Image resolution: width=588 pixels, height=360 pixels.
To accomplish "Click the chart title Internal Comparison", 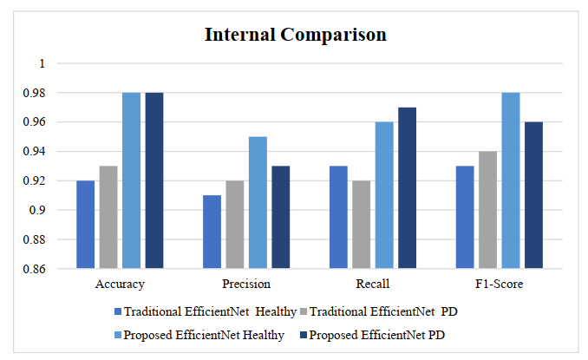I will click(295, 36).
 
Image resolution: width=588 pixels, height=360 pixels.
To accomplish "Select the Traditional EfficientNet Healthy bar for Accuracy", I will click(86, 225).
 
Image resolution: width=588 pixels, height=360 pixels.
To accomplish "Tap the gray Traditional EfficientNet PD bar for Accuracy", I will click(108, 217).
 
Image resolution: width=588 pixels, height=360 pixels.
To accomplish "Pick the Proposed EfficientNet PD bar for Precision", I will click(281, 217).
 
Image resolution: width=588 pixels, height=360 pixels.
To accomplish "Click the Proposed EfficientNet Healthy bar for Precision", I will click(258, 202).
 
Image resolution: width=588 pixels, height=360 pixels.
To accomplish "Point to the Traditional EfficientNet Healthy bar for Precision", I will click(212, 232).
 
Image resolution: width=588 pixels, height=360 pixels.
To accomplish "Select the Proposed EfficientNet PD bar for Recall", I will click(408, 187).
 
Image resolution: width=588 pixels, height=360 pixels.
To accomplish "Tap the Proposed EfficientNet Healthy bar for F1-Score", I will click(511, 180).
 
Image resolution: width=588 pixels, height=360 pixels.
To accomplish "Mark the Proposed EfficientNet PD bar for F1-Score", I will click(534, 195).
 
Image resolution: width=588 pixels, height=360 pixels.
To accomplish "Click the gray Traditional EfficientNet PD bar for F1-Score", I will click(488, 210).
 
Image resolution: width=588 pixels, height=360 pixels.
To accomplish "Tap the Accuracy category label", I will click(120, 284).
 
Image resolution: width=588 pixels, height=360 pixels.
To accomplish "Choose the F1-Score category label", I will click(500, 284).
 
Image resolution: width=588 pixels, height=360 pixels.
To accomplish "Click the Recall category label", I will click(374, 284).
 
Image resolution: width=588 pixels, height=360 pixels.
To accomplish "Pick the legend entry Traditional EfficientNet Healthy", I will click(210, 311).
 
